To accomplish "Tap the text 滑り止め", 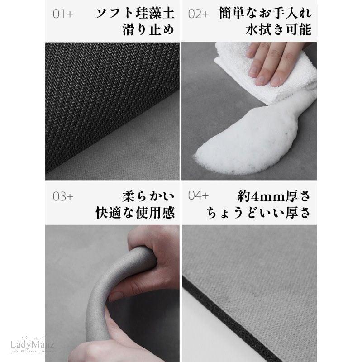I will coord(148,30).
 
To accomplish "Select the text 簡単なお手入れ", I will coord(265,12).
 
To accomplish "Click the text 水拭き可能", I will coord(278,30).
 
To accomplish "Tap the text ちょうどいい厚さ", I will coord(258,212).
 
